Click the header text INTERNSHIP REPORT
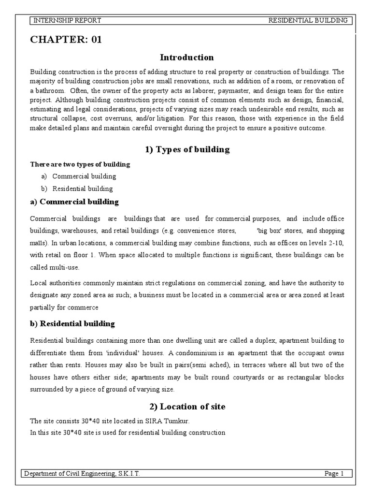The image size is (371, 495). (67, 20)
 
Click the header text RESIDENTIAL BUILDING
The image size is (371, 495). (308, 20)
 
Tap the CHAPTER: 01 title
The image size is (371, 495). (66, 40)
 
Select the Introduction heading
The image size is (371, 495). (187, 58)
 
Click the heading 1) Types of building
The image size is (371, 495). (187, 149)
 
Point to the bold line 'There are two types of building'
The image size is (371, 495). (80, 164)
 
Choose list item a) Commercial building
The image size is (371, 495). (84, 176)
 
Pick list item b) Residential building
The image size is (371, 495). (82, 189)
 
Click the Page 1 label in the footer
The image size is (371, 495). (334, 474)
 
